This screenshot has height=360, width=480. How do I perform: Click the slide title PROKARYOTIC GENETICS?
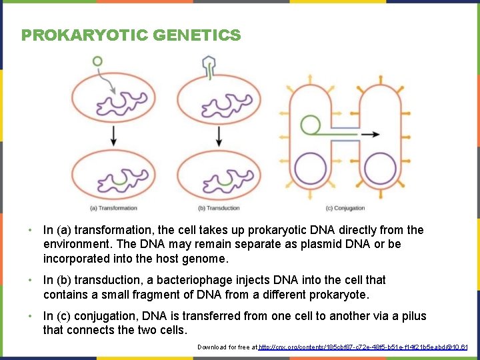131,35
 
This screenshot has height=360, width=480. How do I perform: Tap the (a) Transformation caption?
113,208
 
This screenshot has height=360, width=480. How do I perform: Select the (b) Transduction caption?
219,208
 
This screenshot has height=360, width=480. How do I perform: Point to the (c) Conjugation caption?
345,208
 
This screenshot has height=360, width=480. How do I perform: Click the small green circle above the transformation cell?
98,61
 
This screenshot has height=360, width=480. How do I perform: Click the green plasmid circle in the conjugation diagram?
310,125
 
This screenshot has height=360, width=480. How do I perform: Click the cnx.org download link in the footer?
363,347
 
